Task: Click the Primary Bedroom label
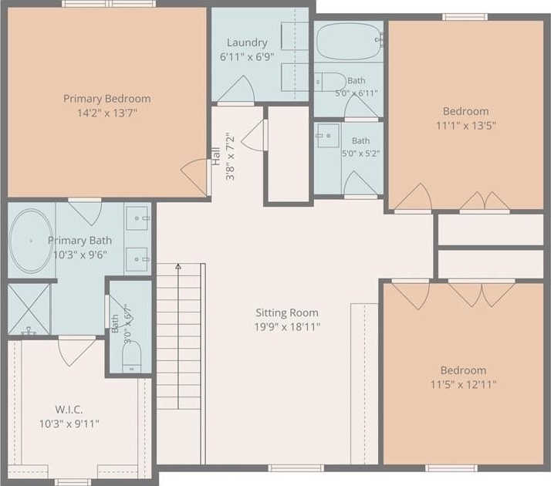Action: coord(106,99)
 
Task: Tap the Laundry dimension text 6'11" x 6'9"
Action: coord(247,56)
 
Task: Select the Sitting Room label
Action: coord(287,312)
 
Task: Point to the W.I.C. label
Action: coord(69,410)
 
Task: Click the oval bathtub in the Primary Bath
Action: coord(32,241)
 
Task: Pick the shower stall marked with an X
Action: coord(29,309)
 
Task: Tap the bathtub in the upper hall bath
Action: coord(348,42)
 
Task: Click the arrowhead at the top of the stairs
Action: coord(178,266)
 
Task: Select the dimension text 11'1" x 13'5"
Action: coord(466,126)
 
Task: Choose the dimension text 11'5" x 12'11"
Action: coord(464,384)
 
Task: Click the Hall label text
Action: coord(216,157)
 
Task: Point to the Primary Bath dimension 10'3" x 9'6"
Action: coord(80,255)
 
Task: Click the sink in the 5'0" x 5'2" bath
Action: coord(328,136)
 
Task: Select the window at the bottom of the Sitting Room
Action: coord(296,467)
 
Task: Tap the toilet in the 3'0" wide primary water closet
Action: coord(132,356)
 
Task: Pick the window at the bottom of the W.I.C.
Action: coord(73,482)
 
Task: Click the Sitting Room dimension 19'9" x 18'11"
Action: coord(287,327)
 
